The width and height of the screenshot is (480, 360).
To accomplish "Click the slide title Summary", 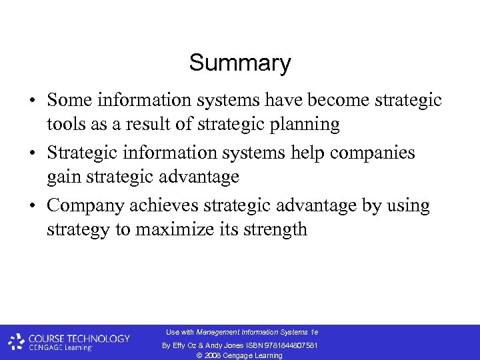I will click(240, 63).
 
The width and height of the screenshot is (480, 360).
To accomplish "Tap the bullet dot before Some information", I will click(32, 101).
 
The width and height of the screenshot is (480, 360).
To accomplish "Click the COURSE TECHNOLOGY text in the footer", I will click(79, 338).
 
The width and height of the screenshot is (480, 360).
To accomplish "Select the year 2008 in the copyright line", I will click(213, 355).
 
